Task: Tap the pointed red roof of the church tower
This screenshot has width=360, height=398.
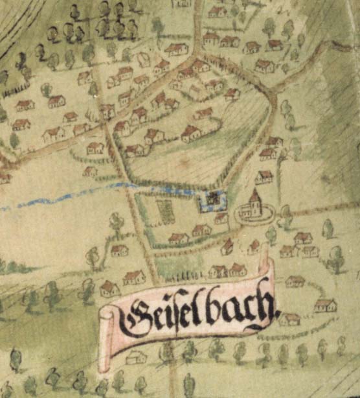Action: [x=255, y=195]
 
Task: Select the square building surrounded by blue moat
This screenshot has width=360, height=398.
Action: [x=213, y=200]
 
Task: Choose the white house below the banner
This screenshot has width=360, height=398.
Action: [x=136, y=357]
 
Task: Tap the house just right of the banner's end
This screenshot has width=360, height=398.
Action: [x=289, y=318]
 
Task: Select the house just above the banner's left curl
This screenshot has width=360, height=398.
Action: [x=110, y=287]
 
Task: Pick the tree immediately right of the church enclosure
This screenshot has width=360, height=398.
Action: [x=286, y=213]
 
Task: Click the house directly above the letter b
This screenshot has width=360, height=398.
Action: [x=218, y=270]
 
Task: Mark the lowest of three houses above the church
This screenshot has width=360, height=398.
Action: [x=264, y=176]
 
